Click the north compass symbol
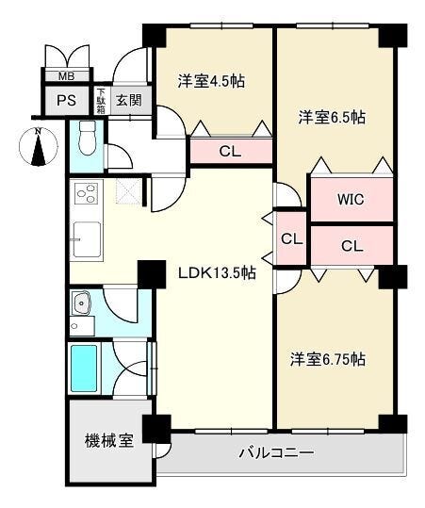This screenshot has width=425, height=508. point(39,146)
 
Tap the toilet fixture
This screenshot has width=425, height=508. point(87,138)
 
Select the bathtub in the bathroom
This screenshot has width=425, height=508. point(84,369)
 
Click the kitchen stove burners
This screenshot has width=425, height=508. point(86,193)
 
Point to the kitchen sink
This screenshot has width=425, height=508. point(87,239)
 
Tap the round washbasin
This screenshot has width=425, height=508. point(81,303)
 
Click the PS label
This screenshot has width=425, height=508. point(66,101)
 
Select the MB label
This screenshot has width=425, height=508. point(66,76)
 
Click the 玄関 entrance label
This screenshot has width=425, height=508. point(129,100)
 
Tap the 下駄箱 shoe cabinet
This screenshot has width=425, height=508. point(102,101)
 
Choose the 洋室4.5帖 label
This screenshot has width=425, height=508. point(211,81)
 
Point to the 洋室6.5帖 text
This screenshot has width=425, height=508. point(332,117)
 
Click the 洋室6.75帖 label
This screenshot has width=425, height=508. point(328,359)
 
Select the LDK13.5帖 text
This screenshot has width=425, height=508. point(218,272)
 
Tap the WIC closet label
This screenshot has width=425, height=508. point(351,200)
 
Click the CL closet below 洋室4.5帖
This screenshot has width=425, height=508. point(230,152)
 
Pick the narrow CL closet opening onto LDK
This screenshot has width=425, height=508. point(292,239)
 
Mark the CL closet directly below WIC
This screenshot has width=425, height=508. point(352,246)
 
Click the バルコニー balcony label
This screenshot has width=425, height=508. point(277,452)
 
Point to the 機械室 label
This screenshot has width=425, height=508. point(109,441)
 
